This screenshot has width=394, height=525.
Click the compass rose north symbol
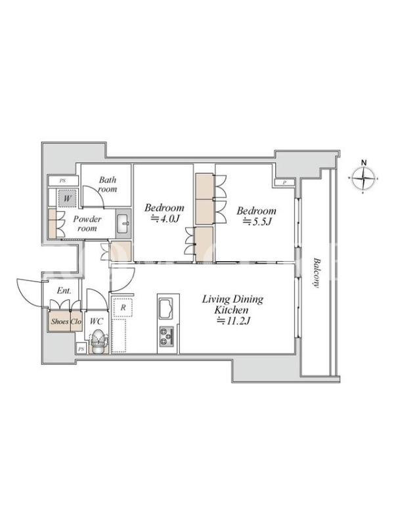pyautogui.click(x=364, y=177)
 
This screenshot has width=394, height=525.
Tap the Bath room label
pyautogui.click(x=108, y=184)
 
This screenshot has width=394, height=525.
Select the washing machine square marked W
pyautogui.click(x=68, y=198)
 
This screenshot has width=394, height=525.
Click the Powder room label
pyautogui.click(x=87, y=224)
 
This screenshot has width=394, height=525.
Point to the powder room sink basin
pyautogui.click(x=123, y=223)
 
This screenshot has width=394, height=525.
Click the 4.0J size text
pyautogui.click(x=165, y=219)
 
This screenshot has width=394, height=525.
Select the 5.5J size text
pyautogui.click(x=257, y=222)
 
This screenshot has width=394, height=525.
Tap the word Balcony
pyautogui.click(x=317, y=272)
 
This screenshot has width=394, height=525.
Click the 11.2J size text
pyautogui.click(x=234, y=321)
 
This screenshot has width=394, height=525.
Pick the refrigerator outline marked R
pyautogui.click(x=123, y=307)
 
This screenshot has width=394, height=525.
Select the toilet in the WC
pyautogui.click(x=98, y=341)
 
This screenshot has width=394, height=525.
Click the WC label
pyautogui.click(x=97, y=322)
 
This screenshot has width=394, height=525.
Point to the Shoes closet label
pyautogui.click(x=60, y=322)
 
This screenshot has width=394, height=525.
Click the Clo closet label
pyautogui.click(x=76, y=322)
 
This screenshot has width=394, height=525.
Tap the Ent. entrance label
pyautogui.click(x=64, y=291)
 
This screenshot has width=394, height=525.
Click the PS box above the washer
pyautogui.click(x=62, y=181)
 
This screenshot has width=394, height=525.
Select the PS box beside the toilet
pyautogui.click(x=81, y=349)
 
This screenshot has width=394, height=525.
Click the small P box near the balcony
pyautogui.click(x=284, y=182)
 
